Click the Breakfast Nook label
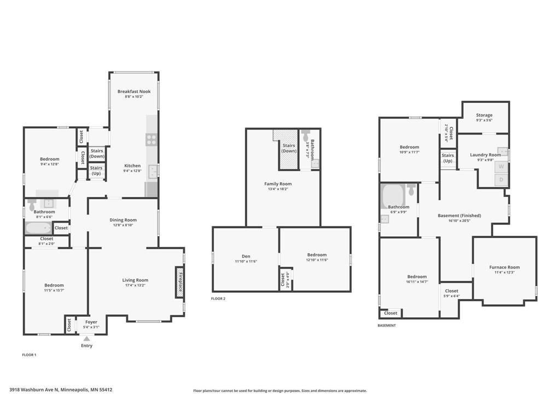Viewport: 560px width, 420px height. (x=134, y=91)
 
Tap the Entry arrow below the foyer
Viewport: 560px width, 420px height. (x=86, y=339)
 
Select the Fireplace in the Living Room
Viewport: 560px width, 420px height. (x=179, y=282)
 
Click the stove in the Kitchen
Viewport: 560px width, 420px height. (x=151, y=139)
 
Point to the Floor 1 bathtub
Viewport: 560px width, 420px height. (x=39, y=227)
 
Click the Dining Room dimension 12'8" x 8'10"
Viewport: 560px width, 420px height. (x=125, y=225)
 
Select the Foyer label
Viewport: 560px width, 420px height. (x=91, y=322)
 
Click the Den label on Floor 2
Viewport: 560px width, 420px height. (x=246, y=256)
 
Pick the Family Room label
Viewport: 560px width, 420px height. (x=278, y=184)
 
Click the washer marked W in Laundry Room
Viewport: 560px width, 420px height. (x=501, y=166)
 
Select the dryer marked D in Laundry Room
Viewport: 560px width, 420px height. (x=501, y=180)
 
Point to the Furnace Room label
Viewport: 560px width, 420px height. (x=504, y=267)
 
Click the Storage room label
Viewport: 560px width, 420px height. (x=484, y=115)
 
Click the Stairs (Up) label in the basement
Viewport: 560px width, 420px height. (x=448, y=159)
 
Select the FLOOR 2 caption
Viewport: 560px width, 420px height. (x=218, y=299)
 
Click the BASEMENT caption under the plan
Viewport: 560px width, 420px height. (x=387, y=325)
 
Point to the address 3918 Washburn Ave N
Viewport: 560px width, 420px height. (x=61, y=390)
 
